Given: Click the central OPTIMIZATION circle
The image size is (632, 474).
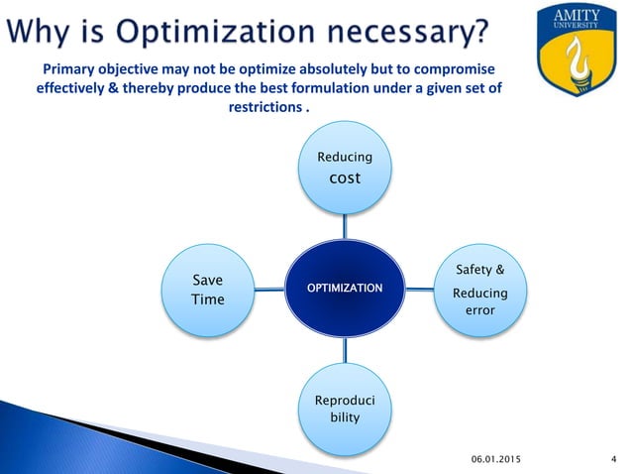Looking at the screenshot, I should pyautogui.click(x=344, y=288).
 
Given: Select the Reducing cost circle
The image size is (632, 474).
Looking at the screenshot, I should pyautogui.click(x=344, y=170).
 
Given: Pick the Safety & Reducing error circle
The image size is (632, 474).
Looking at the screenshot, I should pyautogui.click(x=480, y=289).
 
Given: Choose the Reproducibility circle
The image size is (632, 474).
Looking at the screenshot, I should pyautogui.click(x=345, y=409).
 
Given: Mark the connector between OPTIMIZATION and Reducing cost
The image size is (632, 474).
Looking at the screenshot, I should pyautogui.click(x=344, y=227).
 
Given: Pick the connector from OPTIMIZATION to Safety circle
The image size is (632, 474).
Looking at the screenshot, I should pyautogui.click(x=420, y=290).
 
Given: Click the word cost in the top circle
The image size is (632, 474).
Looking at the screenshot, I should pyautogui.click(x=344, y=178).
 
